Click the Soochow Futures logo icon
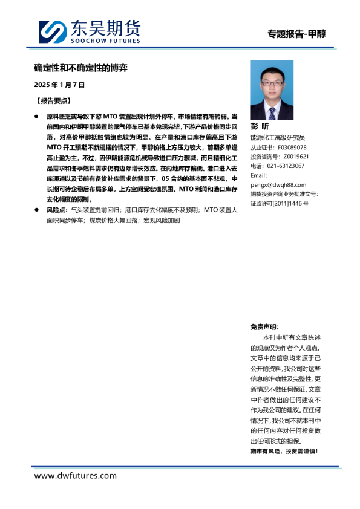tap(53, 31)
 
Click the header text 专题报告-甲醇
tap(296, 34)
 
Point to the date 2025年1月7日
tap(59, 85)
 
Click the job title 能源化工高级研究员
tap(278, 138)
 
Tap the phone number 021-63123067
tap(285, 166)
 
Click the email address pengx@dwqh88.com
tap(278, 184)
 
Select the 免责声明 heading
tap(265, 326)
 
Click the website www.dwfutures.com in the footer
tap(75, 476)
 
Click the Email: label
tap(259, 175)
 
